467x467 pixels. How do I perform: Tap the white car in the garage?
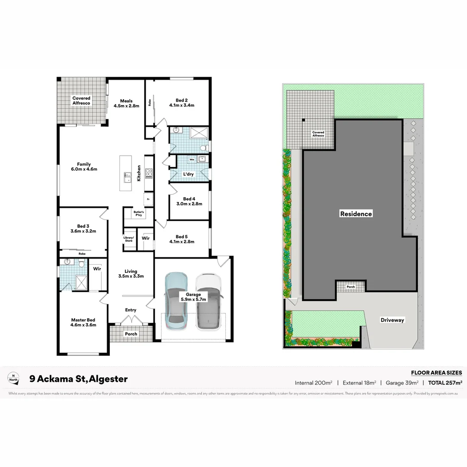208,301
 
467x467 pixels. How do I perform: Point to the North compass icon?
13,377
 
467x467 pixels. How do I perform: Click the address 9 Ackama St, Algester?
78,379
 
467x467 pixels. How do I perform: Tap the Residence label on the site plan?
356,214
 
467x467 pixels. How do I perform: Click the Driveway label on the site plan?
392,320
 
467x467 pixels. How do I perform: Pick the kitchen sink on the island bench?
127,176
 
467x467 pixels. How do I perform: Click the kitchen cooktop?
149,173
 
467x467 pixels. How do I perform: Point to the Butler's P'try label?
139,213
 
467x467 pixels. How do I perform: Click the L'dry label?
189,174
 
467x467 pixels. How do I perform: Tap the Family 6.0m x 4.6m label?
84,166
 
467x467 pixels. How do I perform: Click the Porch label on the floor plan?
131,334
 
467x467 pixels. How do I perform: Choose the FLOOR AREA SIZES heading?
436,373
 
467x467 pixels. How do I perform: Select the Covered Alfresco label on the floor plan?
81,101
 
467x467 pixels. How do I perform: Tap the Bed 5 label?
182,239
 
